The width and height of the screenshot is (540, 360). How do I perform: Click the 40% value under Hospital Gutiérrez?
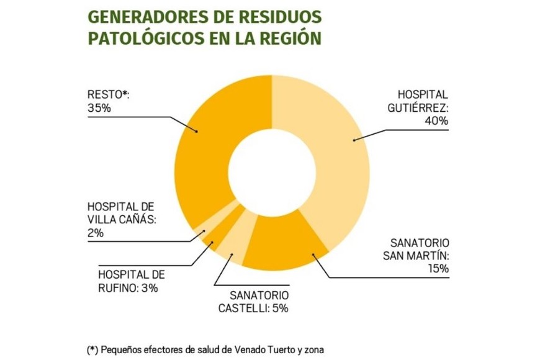pos(436,121)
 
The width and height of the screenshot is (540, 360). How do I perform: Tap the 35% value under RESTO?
pos(99,108)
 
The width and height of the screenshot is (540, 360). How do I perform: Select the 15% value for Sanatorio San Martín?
pos(437,269)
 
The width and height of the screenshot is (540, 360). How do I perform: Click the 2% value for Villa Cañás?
pos(95,233)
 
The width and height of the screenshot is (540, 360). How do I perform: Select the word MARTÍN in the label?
pos(429,255)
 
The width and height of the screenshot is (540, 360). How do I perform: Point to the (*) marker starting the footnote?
pos(92,349)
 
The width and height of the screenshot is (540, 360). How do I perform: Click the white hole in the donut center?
pos(272,171)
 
